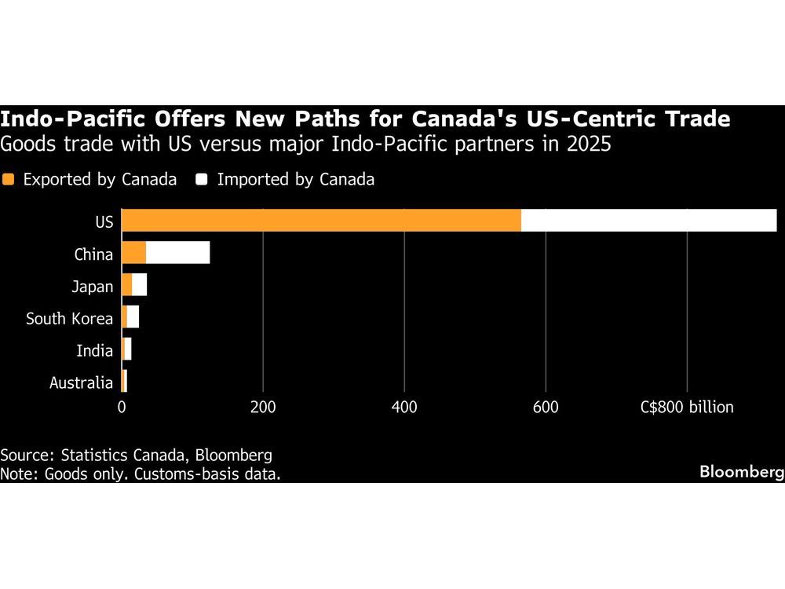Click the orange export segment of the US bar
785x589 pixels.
click(321, 221)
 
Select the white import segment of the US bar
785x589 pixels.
click(648, 221)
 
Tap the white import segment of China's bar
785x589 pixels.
click(177, 254)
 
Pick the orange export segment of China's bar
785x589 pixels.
click(133, 254)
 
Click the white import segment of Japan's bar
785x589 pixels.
click(139, 286)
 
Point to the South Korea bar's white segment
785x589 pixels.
click(133, 318)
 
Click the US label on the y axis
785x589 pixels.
click(104, 222)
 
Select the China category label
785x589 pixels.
click(94, 254)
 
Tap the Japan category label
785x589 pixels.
click(92, 287)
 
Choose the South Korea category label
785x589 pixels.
click(69, 319)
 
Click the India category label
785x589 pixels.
click(94, 351)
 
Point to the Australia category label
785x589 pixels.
click(81, 383)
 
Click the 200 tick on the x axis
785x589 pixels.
click(263, 407)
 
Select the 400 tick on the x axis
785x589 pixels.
click(404, 407)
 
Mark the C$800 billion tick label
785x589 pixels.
click(687, 407)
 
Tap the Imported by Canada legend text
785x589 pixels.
click(295, 179)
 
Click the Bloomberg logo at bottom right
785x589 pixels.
click(742, 473)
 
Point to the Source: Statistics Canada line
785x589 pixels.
click(136, 455)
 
